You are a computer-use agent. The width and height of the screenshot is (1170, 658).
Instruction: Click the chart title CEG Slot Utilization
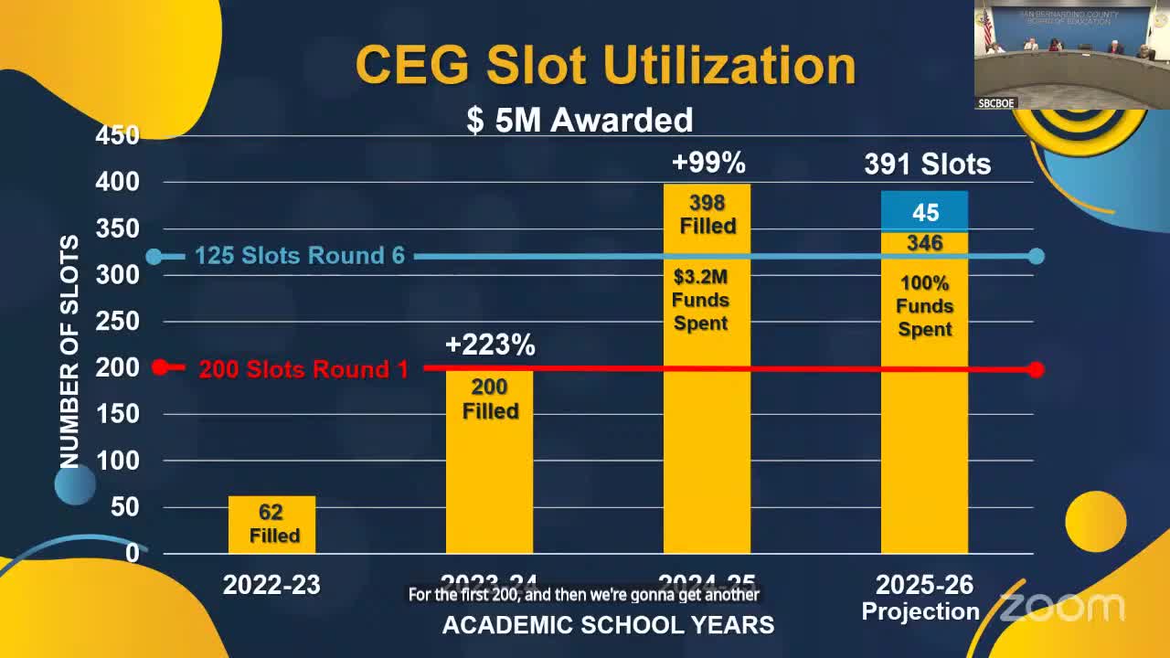(605, 65)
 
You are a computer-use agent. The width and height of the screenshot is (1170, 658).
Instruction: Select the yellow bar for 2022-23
(271, 524)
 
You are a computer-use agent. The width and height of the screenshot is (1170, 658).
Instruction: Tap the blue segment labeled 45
(924, 212)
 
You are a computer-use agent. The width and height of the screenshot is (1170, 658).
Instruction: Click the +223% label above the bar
(490, 345)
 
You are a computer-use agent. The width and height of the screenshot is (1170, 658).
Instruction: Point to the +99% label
(708, 163)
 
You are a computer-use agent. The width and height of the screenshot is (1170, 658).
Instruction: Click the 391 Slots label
(927, 164)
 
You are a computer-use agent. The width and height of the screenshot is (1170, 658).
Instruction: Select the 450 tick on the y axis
(118, 135)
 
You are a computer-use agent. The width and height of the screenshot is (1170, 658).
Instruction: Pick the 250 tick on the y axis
(118, 322)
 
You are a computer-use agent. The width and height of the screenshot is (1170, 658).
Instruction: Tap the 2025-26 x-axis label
(924, 585)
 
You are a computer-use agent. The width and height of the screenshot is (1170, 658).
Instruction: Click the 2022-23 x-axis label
(271, 585)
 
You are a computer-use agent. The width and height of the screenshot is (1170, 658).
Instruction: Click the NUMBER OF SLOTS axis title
(69, 352)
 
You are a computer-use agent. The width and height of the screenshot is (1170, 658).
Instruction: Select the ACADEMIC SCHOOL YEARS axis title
(608, 625)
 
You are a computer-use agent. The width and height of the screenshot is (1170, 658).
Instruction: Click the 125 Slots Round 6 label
(300, 256)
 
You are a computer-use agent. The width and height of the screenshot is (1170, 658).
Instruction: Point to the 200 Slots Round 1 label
(303, 369)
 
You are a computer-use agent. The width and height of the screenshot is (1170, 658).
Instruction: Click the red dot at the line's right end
(1036, 369)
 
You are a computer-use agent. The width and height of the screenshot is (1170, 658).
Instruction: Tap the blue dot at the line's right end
(1036, 256)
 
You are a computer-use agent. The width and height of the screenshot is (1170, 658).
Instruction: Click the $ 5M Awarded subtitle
(580, 120)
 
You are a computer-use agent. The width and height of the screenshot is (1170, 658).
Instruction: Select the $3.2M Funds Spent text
(700, 300)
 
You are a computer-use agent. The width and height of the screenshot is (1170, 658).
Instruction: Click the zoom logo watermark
(1061, 607)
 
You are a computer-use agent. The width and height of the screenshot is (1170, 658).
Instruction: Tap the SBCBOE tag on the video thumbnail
(996, 103)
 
